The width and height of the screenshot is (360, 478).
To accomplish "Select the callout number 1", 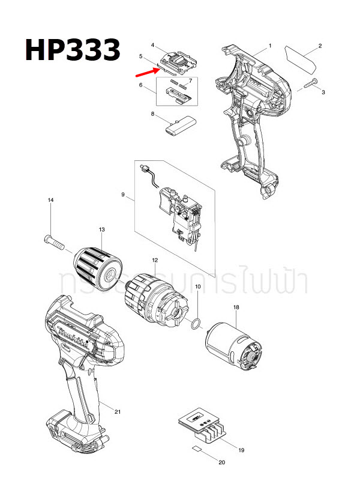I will coord(270,46).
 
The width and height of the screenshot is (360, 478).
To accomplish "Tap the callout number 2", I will coord(320,46).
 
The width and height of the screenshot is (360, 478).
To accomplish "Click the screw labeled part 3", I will coord(310,86).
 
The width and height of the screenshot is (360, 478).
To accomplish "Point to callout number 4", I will coord(153,45).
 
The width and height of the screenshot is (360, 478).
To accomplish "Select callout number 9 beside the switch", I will coord(123,195).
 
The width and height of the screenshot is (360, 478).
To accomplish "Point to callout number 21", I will coord(118,411).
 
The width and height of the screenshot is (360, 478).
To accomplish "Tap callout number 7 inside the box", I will coord(190,80).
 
